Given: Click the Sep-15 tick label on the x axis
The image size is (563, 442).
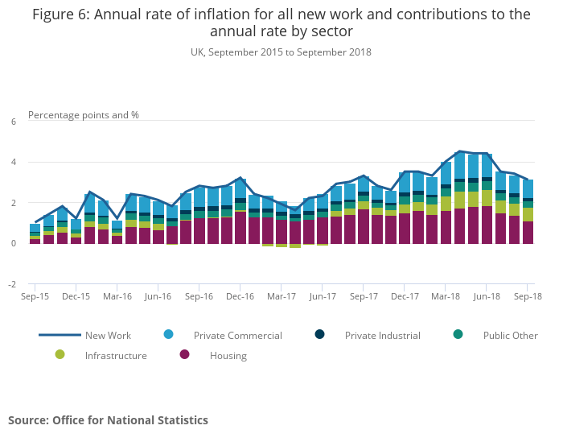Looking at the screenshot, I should tap(35, 296).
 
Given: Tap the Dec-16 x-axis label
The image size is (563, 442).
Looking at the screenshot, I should tap(240, 296).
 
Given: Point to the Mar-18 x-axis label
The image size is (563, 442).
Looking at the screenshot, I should tap(446, 296).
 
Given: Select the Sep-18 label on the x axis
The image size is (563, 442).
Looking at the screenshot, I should tap(528, 296).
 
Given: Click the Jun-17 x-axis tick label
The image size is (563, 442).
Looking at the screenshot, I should tap(323, 296).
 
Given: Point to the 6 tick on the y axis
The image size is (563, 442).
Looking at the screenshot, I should tap(13, 122).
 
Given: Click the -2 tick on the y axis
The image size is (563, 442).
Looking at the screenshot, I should tap(12, 284).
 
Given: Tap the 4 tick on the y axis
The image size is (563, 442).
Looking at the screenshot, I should tap(13, 163).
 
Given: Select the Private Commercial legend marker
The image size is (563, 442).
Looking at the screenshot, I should tap(168, 335).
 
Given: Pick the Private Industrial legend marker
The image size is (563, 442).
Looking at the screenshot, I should tap(319, 335).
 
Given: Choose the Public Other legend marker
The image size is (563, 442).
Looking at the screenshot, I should tap(458, 335).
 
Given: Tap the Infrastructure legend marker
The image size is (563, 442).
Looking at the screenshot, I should tap(60, 355).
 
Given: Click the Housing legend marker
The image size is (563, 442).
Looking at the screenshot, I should tap(184, 355).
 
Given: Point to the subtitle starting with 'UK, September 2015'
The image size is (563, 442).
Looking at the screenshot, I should tap(281, 52).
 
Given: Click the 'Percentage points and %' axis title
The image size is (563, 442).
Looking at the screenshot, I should tap(84, 114).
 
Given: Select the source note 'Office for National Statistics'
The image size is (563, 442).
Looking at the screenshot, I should tap(130, 420).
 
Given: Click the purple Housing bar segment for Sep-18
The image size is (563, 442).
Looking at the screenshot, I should tap(528, 232).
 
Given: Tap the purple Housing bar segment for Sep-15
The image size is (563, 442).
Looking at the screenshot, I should tap(35, 241).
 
